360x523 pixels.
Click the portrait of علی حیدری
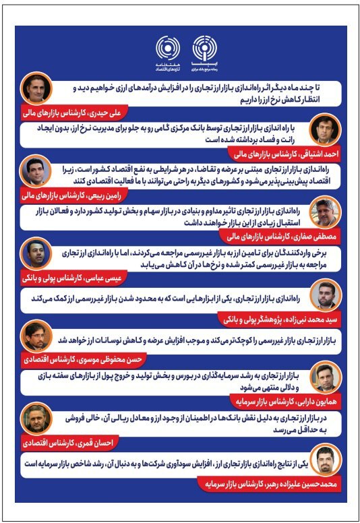[36, 88]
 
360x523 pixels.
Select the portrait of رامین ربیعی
[36, 171]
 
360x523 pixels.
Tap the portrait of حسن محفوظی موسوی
[36, 336]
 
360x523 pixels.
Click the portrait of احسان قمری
[36, 419]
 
